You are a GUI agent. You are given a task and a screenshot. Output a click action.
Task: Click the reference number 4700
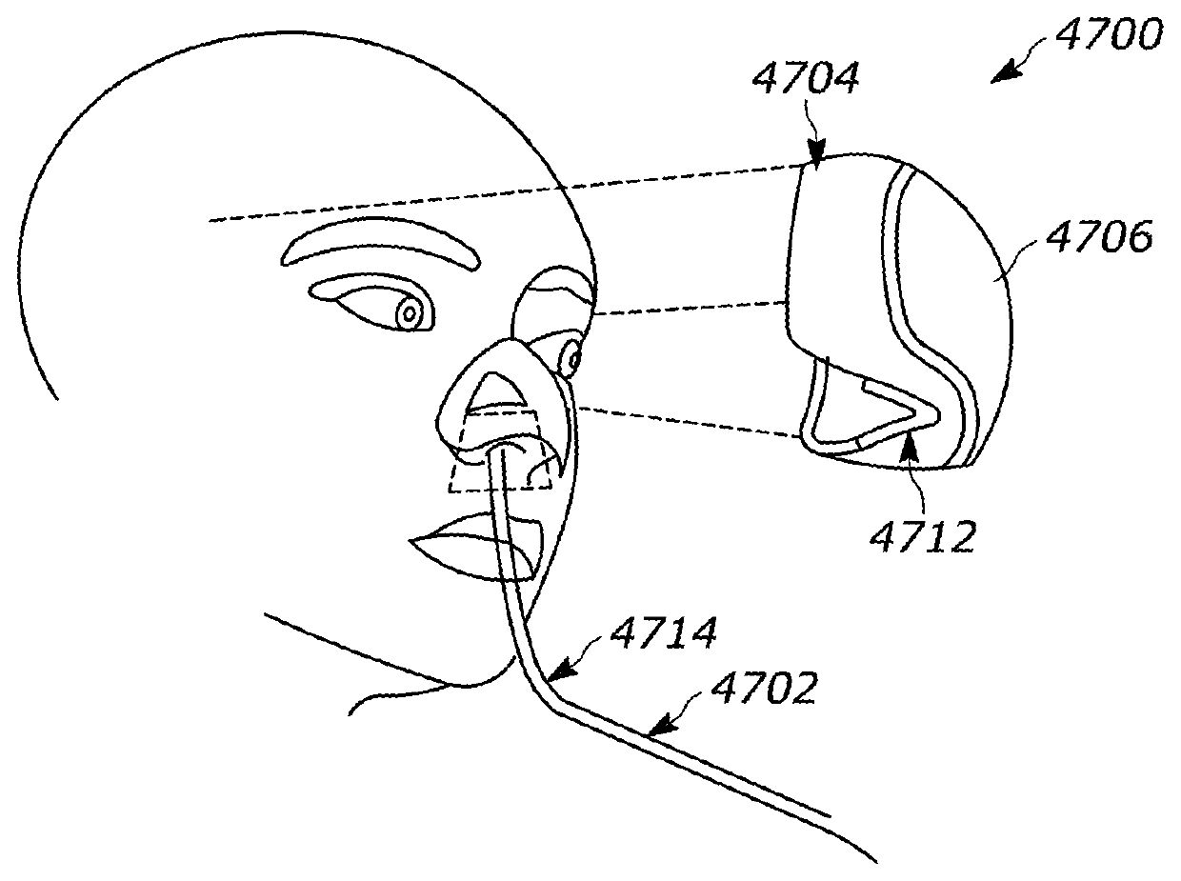1111,36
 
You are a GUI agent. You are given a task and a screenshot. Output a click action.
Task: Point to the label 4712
922,534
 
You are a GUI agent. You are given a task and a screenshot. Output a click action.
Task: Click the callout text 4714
664,633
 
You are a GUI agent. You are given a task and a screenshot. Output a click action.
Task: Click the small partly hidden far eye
572,359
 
